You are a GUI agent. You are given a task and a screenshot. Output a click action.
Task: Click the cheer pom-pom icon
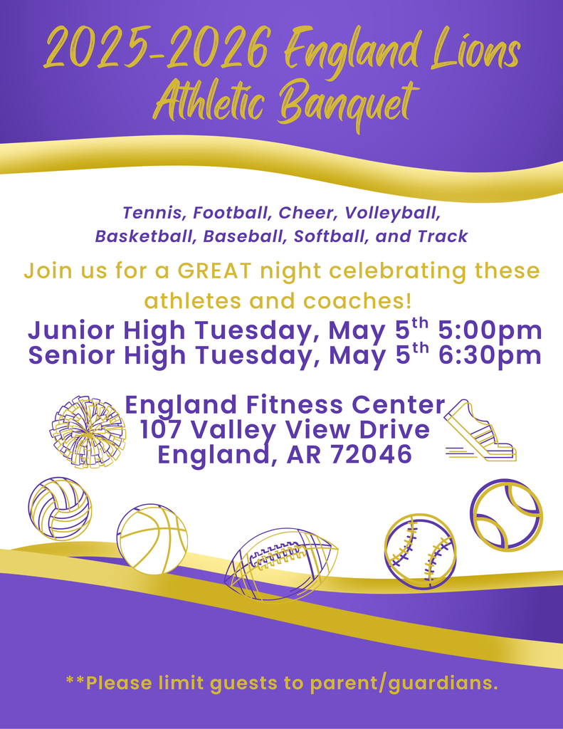(x=88, y=432)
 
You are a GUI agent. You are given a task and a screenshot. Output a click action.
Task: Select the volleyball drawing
(x=60, y=508)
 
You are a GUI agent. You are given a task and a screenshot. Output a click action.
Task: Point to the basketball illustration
(x=152, y=539)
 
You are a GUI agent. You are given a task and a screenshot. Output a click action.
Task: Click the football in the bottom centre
(x=281, y=563)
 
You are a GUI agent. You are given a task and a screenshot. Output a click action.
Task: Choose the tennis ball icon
(x=506, y=515)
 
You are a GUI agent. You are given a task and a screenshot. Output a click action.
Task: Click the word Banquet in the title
(x=347, y=105)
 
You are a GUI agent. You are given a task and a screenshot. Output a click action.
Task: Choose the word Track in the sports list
(x=443, y=236)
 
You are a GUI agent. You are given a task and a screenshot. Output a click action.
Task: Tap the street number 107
(x=162, y=430)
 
